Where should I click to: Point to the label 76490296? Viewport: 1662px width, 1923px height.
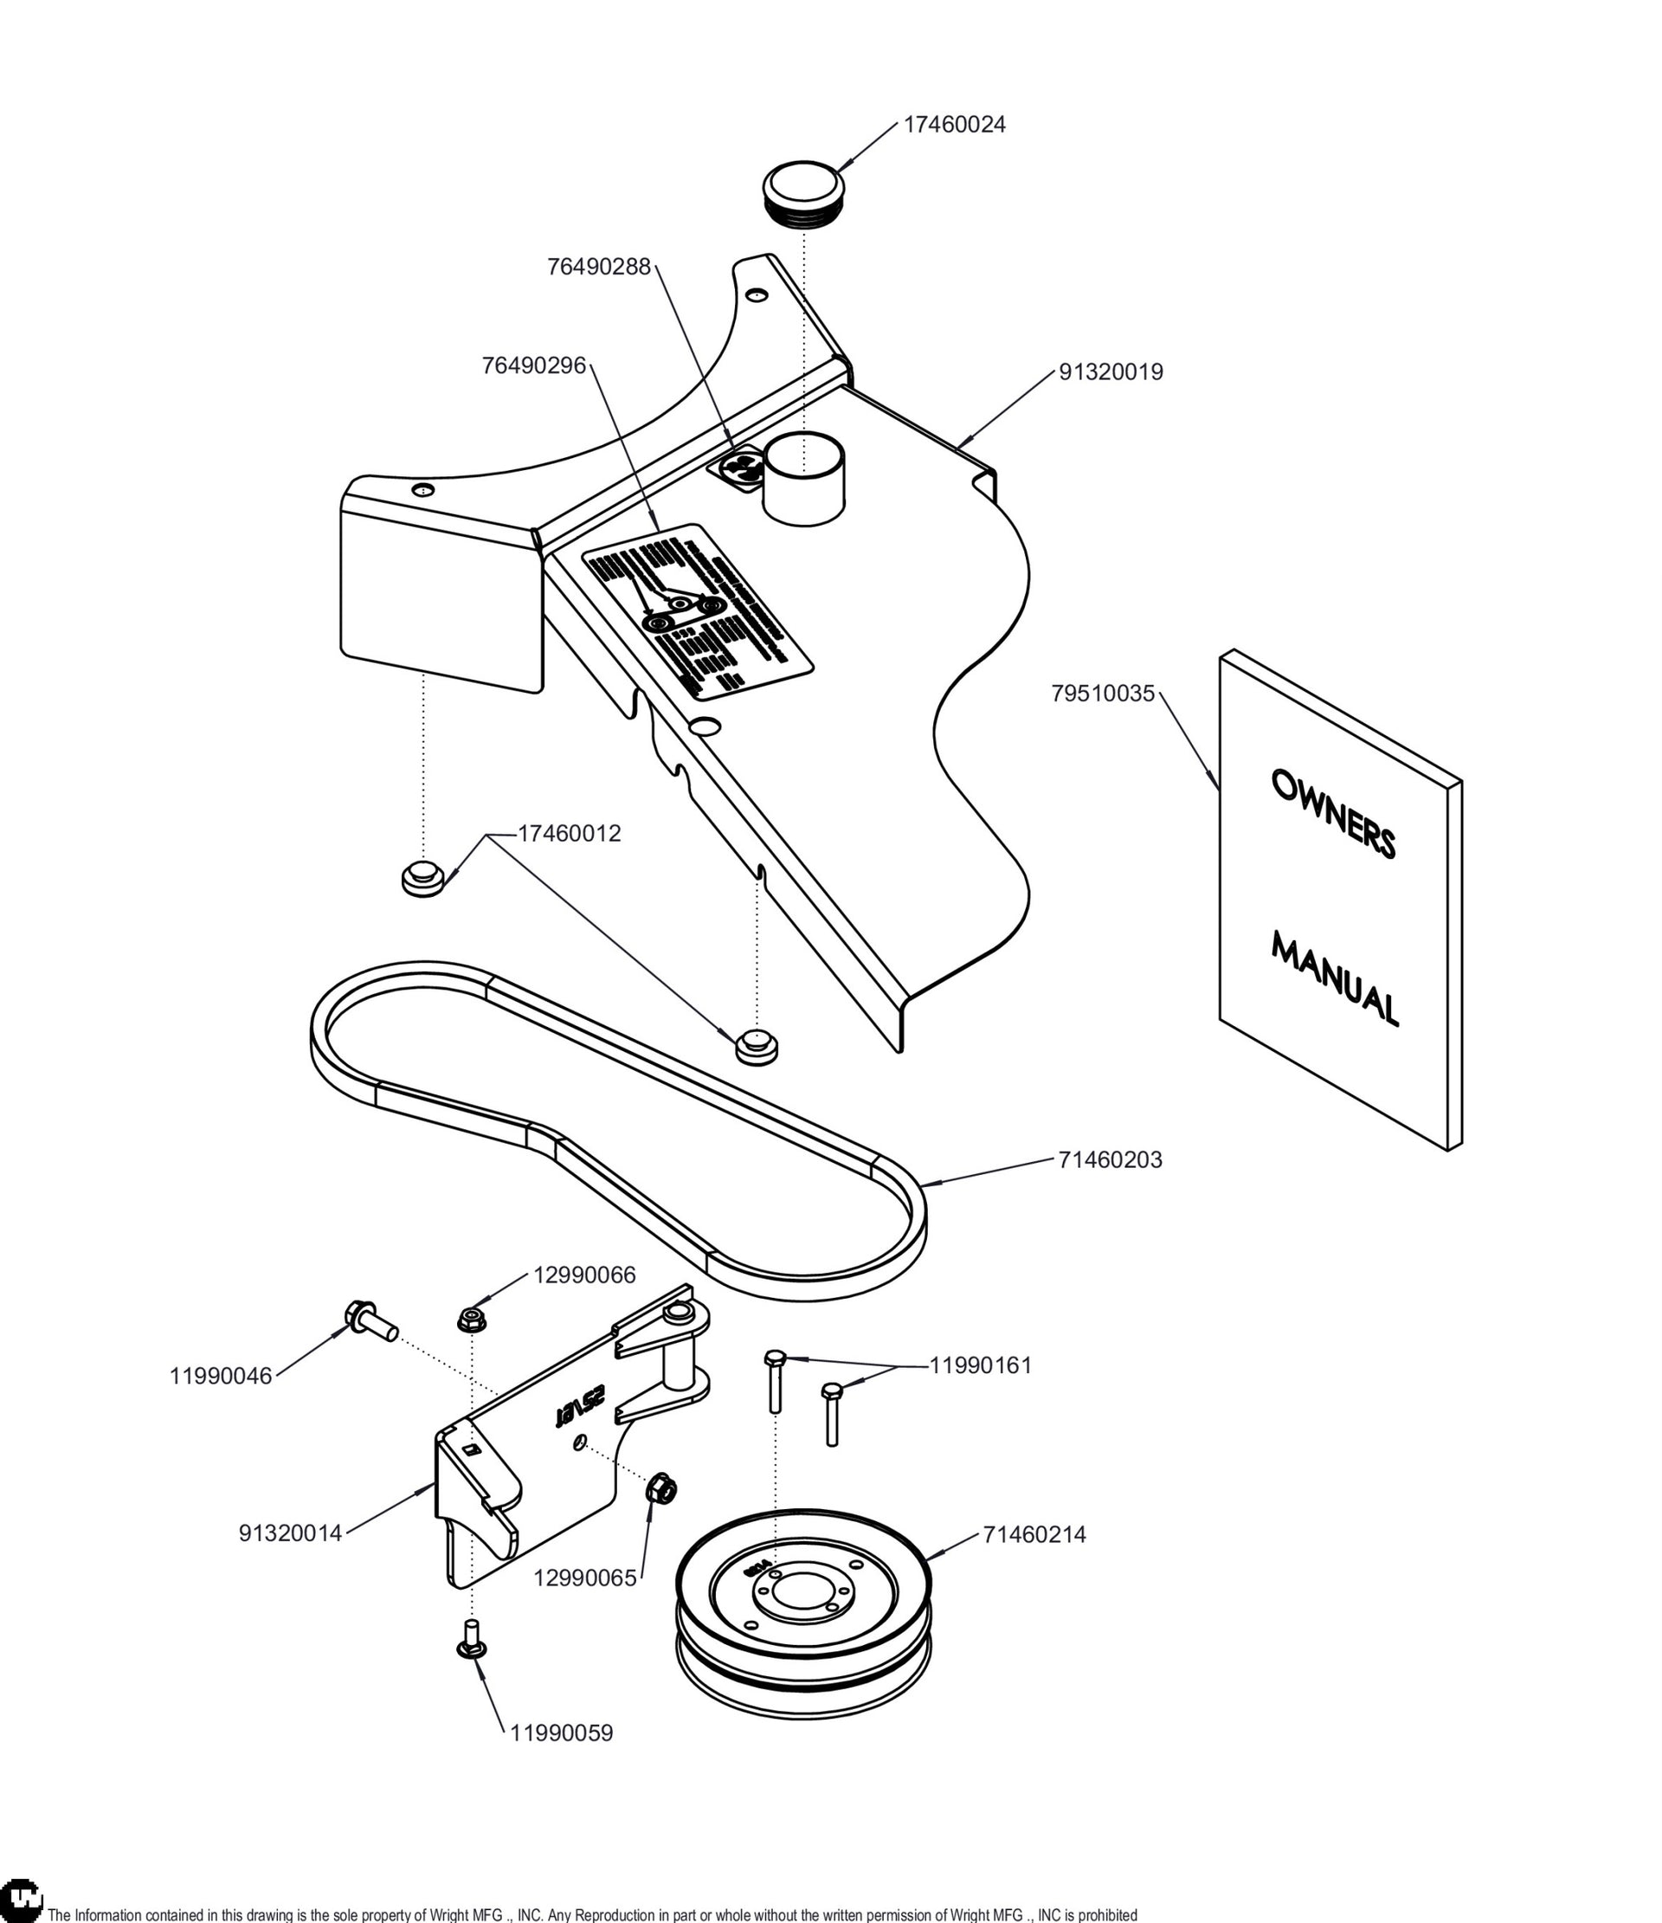tap(533, 365)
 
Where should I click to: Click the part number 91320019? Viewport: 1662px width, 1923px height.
tap(1111, 372)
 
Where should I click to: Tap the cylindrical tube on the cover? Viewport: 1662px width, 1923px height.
tap(803, 476)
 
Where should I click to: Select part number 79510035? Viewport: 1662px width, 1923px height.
tap(1103, 694)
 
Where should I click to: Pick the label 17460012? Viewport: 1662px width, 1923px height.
tap(569, 834)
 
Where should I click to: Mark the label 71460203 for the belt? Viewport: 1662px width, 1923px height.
tap(1110, 1159)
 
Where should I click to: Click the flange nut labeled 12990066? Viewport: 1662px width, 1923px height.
tap(473, 1318)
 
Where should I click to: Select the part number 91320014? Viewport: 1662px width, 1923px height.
tap(291, 1534)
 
